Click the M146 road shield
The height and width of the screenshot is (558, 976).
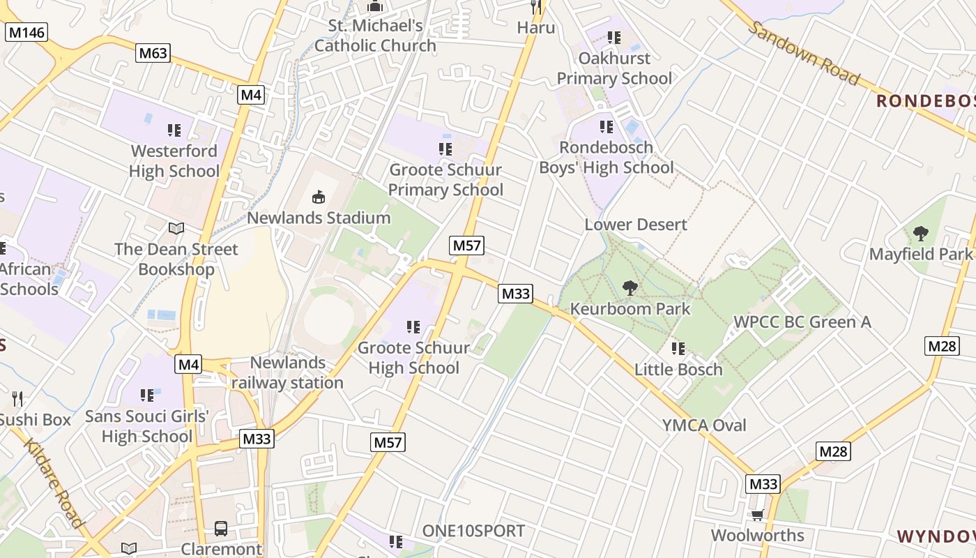26,32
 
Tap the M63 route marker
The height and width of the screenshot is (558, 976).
153,53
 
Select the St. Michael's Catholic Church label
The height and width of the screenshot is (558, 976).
375,36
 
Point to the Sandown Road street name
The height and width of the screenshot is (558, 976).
805,53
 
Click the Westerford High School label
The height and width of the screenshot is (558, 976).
174,161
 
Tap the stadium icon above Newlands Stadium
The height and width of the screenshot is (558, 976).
319,197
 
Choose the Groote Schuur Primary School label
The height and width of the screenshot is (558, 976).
445,180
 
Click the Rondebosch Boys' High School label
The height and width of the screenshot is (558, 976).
606,158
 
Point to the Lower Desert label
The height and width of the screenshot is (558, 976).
636,225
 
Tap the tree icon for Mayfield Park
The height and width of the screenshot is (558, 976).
920,234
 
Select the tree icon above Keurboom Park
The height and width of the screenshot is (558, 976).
630,287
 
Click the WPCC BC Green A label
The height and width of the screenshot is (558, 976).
802,322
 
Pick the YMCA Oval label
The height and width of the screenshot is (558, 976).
704,425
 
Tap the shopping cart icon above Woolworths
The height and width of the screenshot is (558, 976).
757,515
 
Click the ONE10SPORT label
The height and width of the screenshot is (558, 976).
473,531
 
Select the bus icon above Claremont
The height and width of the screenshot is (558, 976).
221,529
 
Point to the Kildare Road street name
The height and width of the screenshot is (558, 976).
54,483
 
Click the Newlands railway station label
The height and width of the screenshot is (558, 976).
287,373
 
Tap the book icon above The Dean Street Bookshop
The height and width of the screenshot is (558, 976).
176,228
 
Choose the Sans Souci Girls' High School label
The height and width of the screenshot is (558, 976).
147,426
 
